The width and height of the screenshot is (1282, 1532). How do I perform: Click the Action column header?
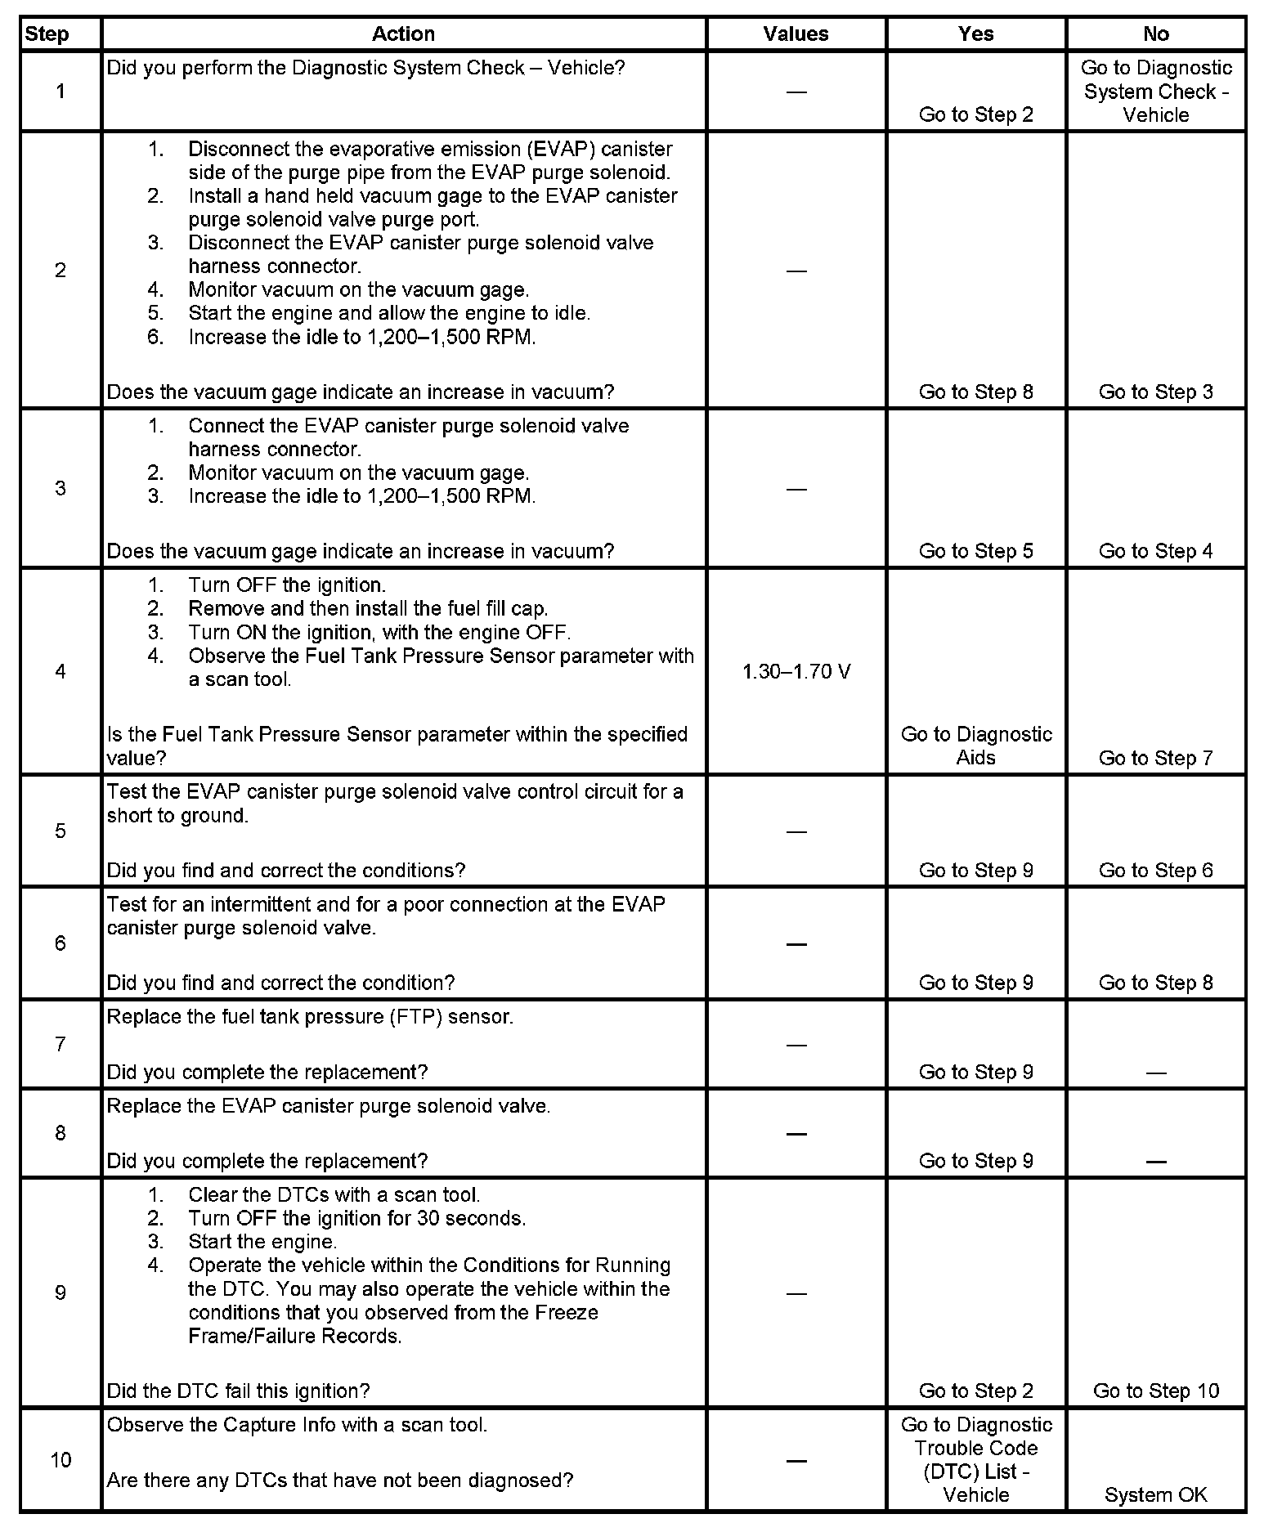[403, 34]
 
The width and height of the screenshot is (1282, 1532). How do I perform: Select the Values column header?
[796, 34]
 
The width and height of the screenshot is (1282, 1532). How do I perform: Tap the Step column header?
[47, 34]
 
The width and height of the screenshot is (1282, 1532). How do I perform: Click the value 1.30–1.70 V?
[796, 672]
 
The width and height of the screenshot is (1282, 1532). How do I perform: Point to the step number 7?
[61, 1044]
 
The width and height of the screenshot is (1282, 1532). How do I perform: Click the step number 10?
[61, 1460]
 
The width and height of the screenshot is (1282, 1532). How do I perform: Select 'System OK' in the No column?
[1155, 1495]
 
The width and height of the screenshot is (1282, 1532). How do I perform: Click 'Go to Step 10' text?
[1155, 1391]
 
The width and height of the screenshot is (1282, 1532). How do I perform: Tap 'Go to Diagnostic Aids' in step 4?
[976, 746]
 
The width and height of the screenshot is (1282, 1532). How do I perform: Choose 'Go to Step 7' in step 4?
[1155, 758]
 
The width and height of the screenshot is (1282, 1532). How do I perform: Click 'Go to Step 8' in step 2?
[976, 392]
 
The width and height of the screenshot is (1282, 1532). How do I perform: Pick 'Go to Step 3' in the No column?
[1155, 392]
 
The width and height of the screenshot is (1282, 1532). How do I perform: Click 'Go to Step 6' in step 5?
[1155, 870]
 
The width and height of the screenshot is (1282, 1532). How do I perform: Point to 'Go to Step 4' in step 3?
[1155, 551]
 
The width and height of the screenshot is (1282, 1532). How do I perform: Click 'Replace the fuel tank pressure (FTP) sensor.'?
[310, 1017]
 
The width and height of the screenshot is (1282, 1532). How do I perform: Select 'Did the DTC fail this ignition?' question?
[238, 1391]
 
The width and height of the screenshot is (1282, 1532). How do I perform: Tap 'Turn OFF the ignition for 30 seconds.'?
[356, 1218]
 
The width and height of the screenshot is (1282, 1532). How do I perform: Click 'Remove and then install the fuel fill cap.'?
[368, 608]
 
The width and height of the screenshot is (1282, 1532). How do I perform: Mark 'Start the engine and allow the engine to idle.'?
[389, 313]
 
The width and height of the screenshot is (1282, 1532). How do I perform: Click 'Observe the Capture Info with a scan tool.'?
[297, 1425]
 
